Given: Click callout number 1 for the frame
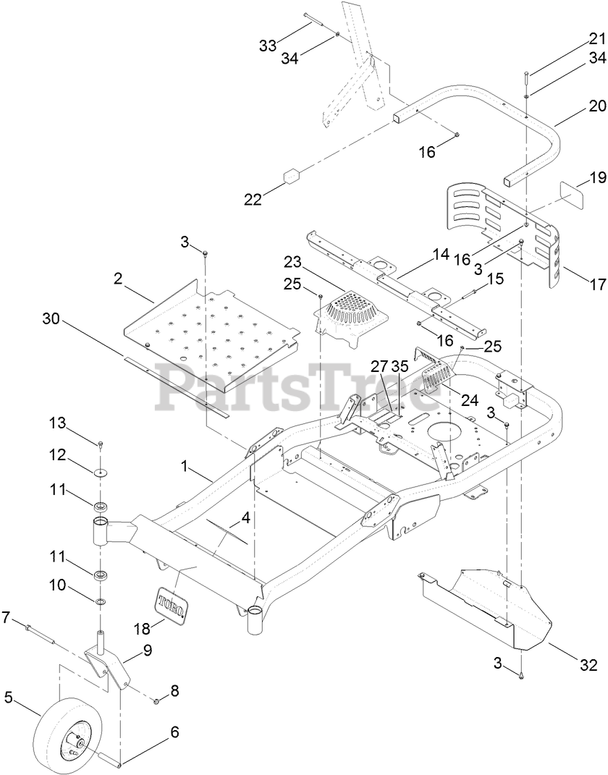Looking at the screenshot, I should point(186,469).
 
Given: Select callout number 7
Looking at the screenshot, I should point(7,617).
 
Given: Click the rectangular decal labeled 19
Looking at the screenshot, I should point(570,198).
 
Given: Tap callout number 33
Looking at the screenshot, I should point(268,46).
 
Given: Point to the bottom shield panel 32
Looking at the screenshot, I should point(492,601).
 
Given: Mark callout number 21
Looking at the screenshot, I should point(596,38).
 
